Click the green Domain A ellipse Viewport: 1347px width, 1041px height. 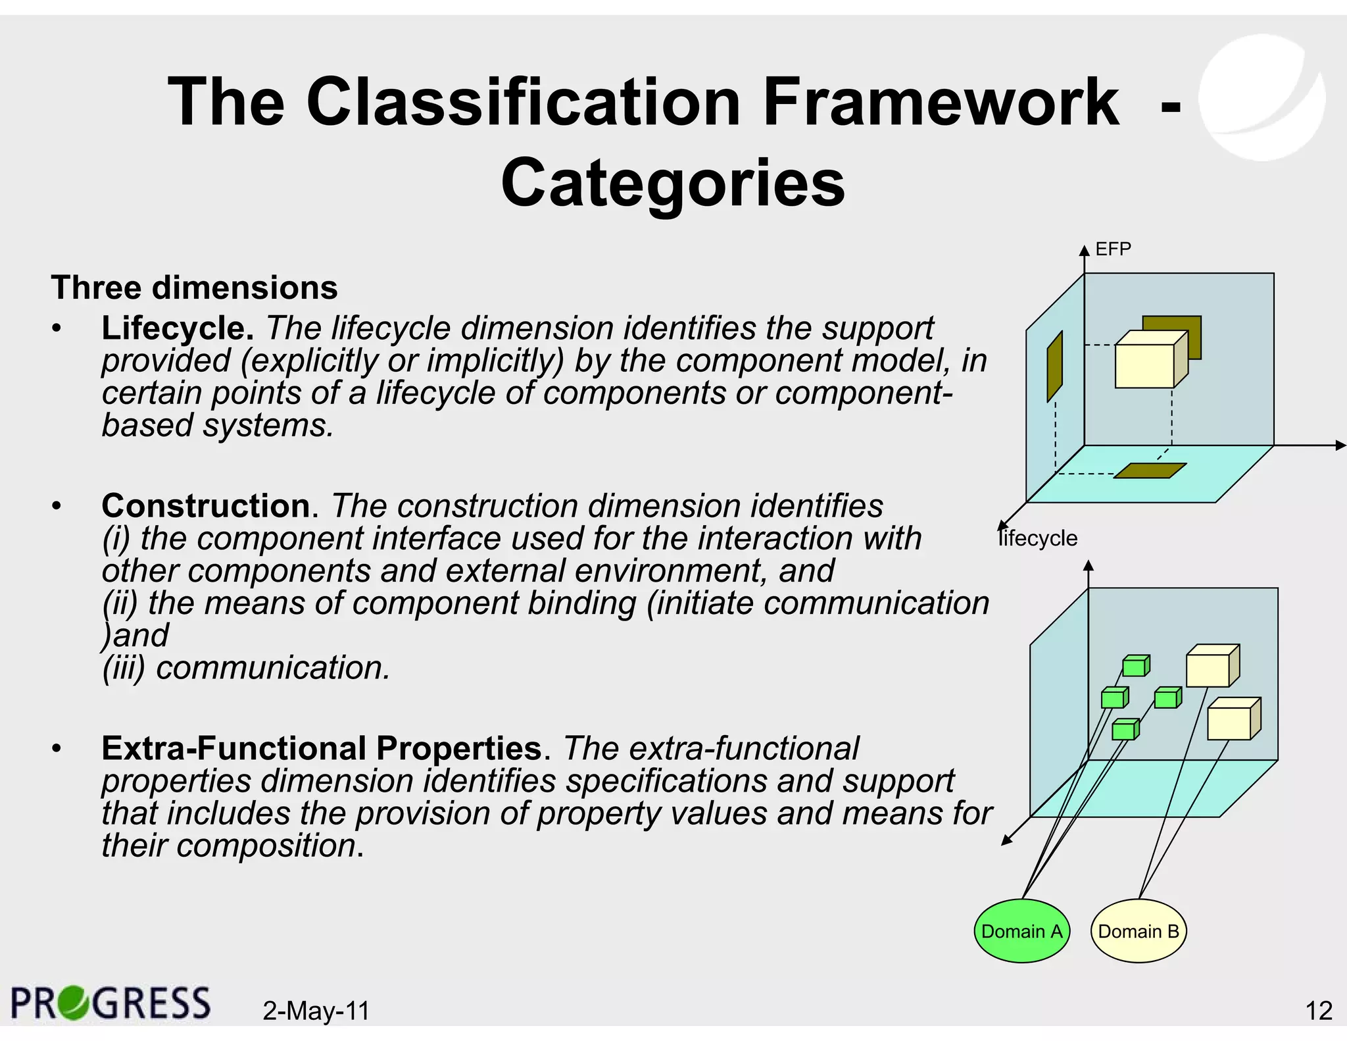pos(1021,930)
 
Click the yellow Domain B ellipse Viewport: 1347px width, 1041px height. pos(1138,930)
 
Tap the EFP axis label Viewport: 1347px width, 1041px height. pos(1113,249)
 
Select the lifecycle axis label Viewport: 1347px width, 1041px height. pos(1038,538)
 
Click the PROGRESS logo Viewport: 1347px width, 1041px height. pos(110,1003)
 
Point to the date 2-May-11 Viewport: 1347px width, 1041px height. pos(316,1010)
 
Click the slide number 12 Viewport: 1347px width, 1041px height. pos(1318,1010)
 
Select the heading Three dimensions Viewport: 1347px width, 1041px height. pos(194,288)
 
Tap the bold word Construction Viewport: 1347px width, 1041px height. pos(206,505)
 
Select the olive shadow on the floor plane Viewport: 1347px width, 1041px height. pos(1150,470)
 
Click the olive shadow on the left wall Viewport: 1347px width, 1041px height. pos(1054,367)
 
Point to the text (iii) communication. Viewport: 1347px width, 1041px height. pos(247,667)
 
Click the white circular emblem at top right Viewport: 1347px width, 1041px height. pos(1261,97)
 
